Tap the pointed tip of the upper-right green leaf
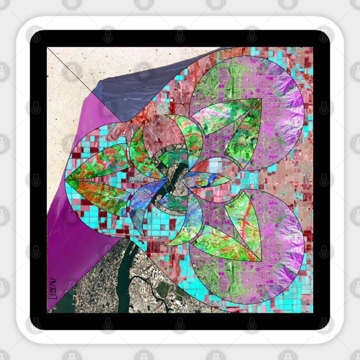coord(261,99)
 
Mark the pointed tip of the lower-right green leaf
coord(261,261)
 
